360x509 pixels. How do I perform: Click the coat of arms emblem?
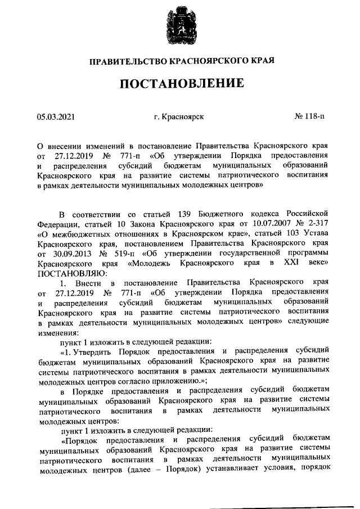[x=180, y=28]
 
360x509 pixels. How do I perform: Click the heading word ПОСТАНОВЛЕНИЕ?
[x=180, y=84]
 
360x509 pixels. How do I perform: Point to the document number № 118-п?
[x=309, y=117]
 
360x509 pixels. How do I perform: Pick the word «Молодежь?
[x=151, y=263]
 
